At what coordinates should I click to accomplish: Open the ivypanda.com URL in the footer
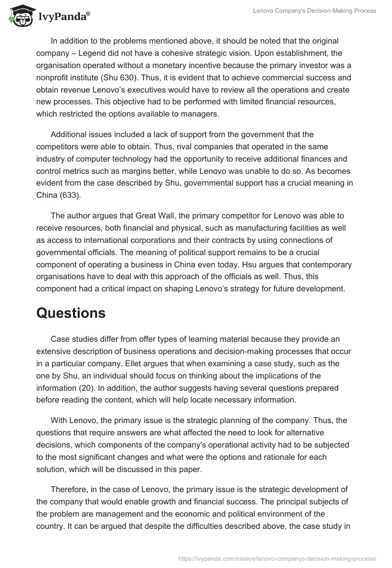pos(277,558)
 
